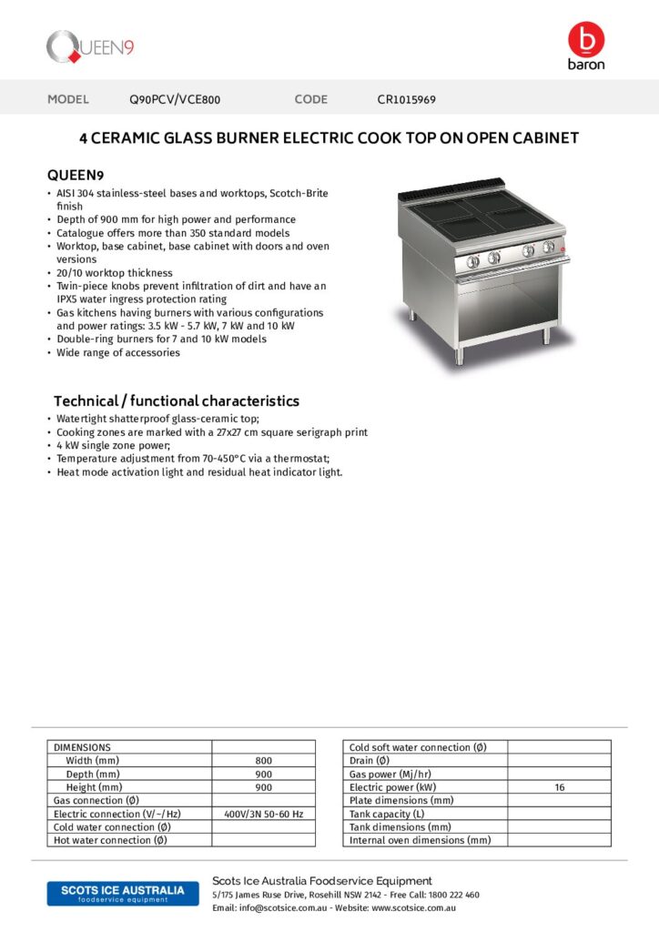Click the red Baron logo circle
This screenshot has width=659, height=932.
(x=585, y=39)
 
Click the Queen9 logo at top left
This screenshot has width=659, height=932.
(x=90, y=46)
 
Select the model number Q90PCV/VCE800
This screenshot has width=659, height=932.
(x=175, y=99)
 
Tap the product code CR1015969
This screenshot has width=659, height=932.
(x=406, y=99)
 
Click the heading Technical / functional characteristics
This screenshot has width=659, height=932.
(x=177, y=400)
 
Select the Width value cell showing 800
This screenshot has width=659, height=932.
(x=264, y=761)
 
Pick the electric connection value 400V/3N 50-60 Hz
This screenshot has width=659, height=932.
(x=264, y=814)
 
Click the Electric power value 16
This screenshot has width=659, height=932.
(x=559, y=787)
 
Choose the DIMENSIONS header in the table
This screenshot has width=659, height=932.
(x=83, y=747)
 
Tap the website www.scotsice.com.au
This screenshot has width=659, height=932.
(x=413, y=907)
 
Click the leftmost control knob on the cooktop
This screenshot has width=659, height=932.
(x=471, y=262)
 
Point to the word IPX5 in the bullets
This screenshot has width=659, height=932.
(x=69, y=299)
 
